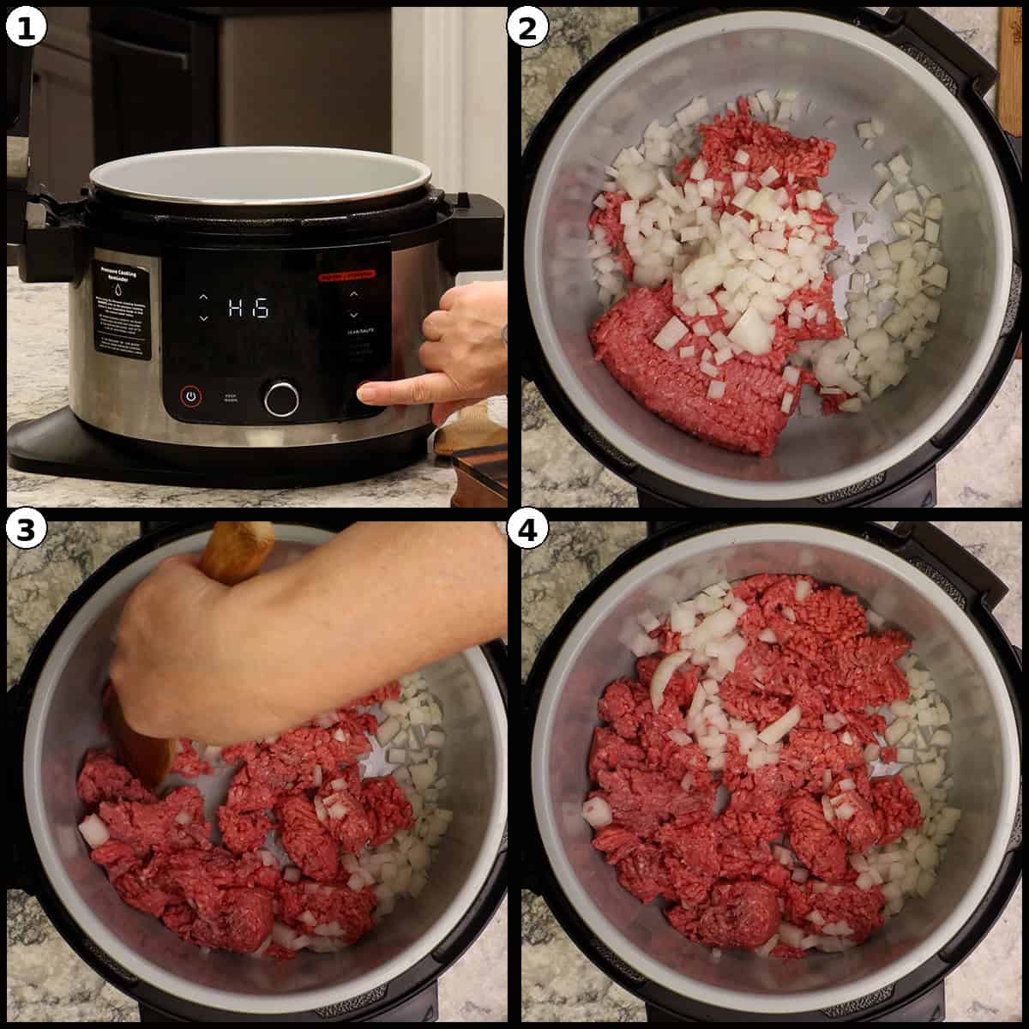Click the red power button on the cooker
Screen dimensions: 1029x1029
pyautogui.click(x=191, y=397)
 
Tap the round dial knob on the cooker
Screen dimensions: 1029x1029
pyautogui.click(x=282, y=398)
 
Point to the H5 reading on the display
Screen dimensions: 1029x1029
pyautogui.click(x=249, y=308)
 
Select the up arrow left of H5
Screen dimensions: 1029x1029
pyautogui.click(x=203, y=298)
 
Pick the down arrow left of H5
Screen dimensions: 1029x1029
pyautogui.click(x=203, y=318)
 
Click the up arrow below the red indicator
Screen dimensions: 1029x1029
pyautogui.click(x=353, y=294)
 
